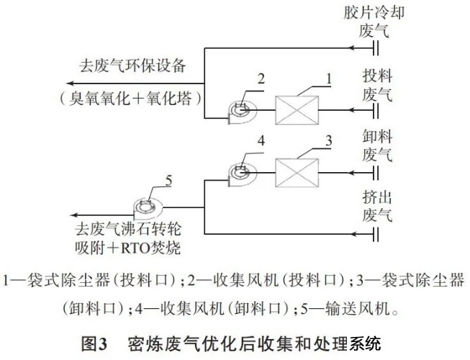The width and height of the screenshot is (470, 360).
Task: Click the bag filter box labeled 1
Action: [297, 110]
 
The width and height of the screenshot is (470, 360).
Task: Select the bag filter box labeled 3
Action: [297, 173]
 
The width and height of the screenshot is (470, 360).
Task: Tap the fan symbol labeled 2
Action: [242, 112]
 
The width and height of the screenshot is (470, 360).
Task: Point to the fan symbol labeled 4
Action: [242, 174]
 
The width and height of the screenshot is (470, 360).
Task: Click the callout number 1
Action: [329, 78]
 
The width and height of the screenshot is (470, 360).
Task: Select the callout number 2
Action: [261, 78]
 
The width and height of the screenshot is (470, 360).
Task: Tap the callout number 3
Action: [329, 140]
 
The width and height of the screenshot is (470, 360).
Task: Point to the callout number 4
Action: [261, 140]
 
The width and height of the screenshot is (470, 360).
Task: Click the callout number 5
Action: [168, 181]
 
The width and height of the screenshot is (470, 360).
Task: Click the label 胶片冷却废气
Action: [374, 22]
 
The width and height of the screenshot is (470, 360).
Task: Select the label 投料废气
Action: [377, 85]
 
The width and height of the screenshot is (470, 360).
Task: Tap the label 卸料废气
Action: [377, 145]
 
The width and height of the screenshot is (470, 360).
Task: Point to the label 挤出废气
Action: [377, 207]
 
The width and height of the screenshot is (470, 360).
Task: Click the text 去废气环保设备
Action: [132, 66]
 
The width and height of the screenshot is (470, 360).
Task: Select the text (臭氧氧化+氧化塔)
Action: [130, 98]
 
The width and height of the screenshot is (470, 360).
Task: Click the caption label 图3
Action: [94, 344]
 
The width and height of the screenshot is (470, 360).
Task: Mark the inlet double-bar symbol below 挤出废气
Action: [376, 234]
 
